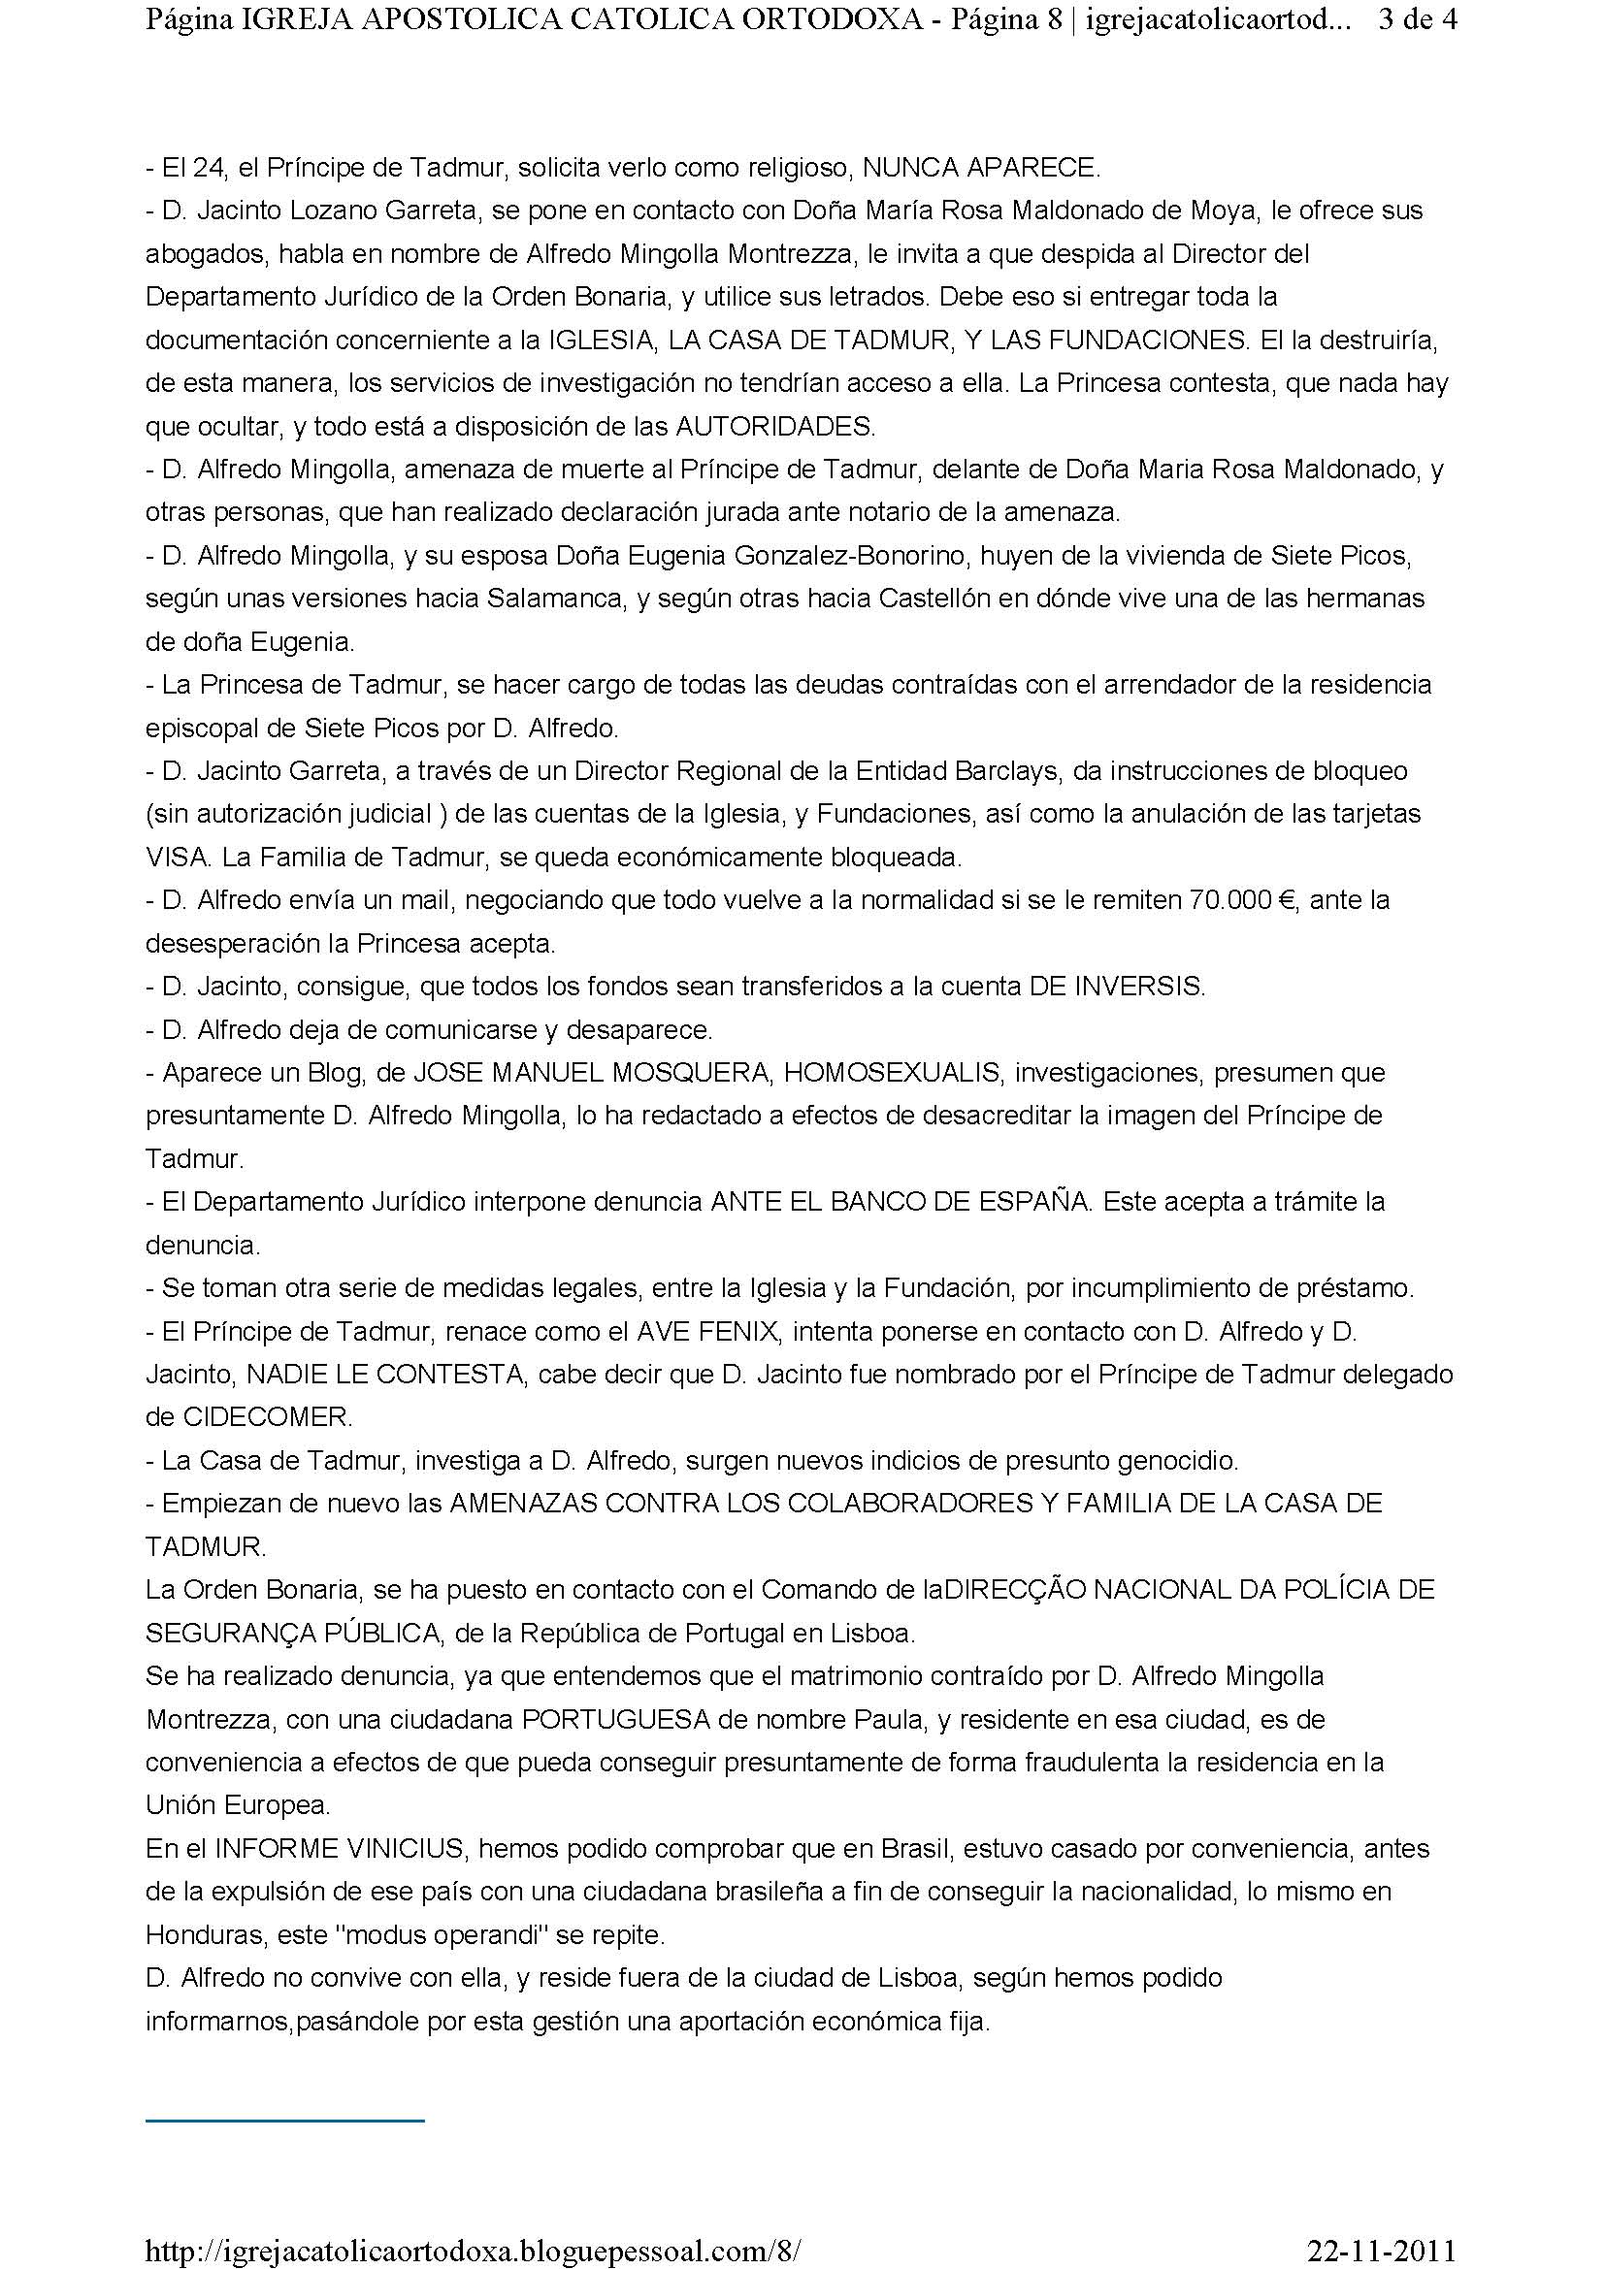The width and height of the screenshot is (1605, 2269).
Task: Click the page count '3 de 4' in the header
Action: (x=1416, y=20)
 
